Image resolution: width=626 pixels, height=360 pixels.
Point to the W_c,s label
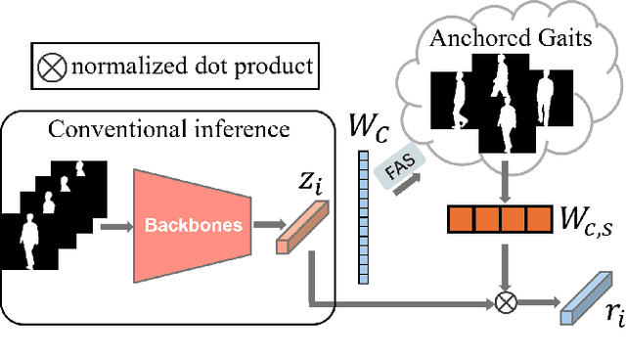(586, 219)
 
